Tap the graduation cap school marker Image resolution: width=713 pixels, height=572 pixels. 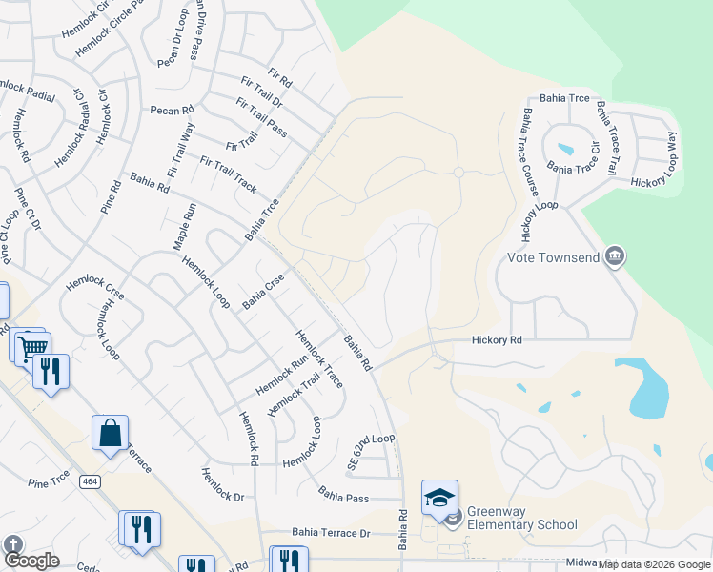click(439, 498)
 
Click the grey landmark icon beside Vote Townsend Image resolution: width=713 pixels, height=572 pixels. click(615, 256)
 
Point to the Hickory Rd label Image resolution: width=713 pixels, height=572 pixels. click(498, 340)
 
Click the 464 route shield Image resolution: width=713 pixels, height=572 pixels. click(91, 482)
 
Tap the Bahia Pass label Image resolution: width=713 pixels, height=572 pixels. click(344, 495)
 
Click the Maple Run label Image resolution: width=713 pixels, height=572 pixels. click(180, 227)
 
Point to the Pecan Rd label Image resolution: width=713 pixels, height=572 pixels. click(172, 110)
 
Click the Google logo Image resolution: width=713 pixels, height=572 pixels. click(31, 561)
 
